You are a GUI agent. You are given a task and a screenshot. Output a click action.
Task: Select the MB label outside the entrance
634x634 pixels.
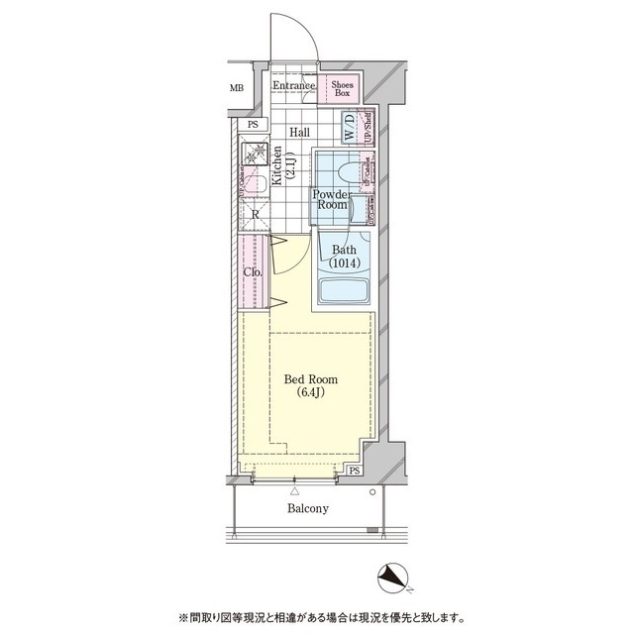click(x=237, y=88)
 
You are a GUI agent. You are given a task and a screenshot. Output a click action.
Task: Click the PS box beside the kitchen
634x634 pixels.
click(x=253, y=124)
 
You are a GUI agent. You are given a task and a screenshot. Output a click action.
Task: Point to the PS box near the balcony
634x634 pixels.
click(x=355, y=471)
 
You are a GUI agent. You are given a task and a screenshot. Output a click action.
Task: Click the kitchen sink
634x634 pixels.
click(x=253, y=183)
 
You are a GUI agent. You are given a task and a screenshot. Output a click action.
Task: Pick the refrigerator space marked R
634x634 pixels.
click(x=255, y=215)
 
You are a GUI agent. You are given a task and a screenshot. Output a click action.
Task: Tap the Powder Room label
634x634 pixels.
click(x=331, y=198)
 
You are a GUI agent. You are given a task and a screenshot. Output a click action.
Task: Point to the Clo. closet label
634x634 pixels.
click(x=253, y=271)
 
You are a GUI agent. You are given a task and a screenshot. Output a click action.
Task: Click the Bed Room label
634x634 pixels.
click(x=310, y=378)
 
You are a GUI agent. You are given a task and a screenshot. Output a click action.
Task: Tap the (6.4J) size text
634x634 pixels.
click(x=310, y=393)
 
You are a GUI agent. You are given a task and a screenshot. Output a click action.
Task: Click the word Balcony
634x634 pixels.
click(x=308, y=508)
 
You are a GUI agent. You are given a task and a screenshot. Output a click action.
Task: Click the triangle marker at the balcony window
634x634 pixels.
click(x=294, y=490)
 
